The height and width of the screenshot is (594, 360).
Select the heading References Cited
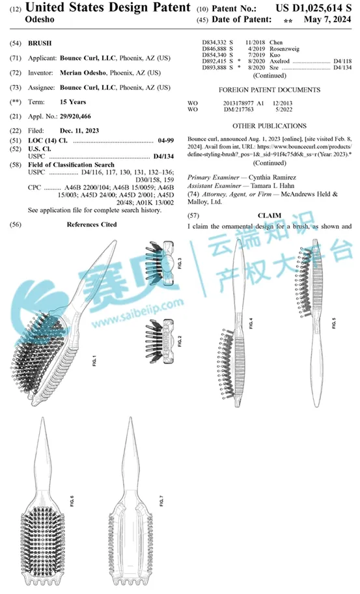click(x=92, y=224)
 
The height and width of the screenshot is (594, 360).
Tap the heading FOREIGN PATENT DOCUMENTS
click(x=269, y=89)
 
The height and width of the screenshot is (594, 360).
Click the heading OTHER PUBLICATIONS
click(x=269, y=124)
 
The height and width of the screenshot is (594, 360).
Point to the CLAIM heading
click(x=269, y=215)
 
